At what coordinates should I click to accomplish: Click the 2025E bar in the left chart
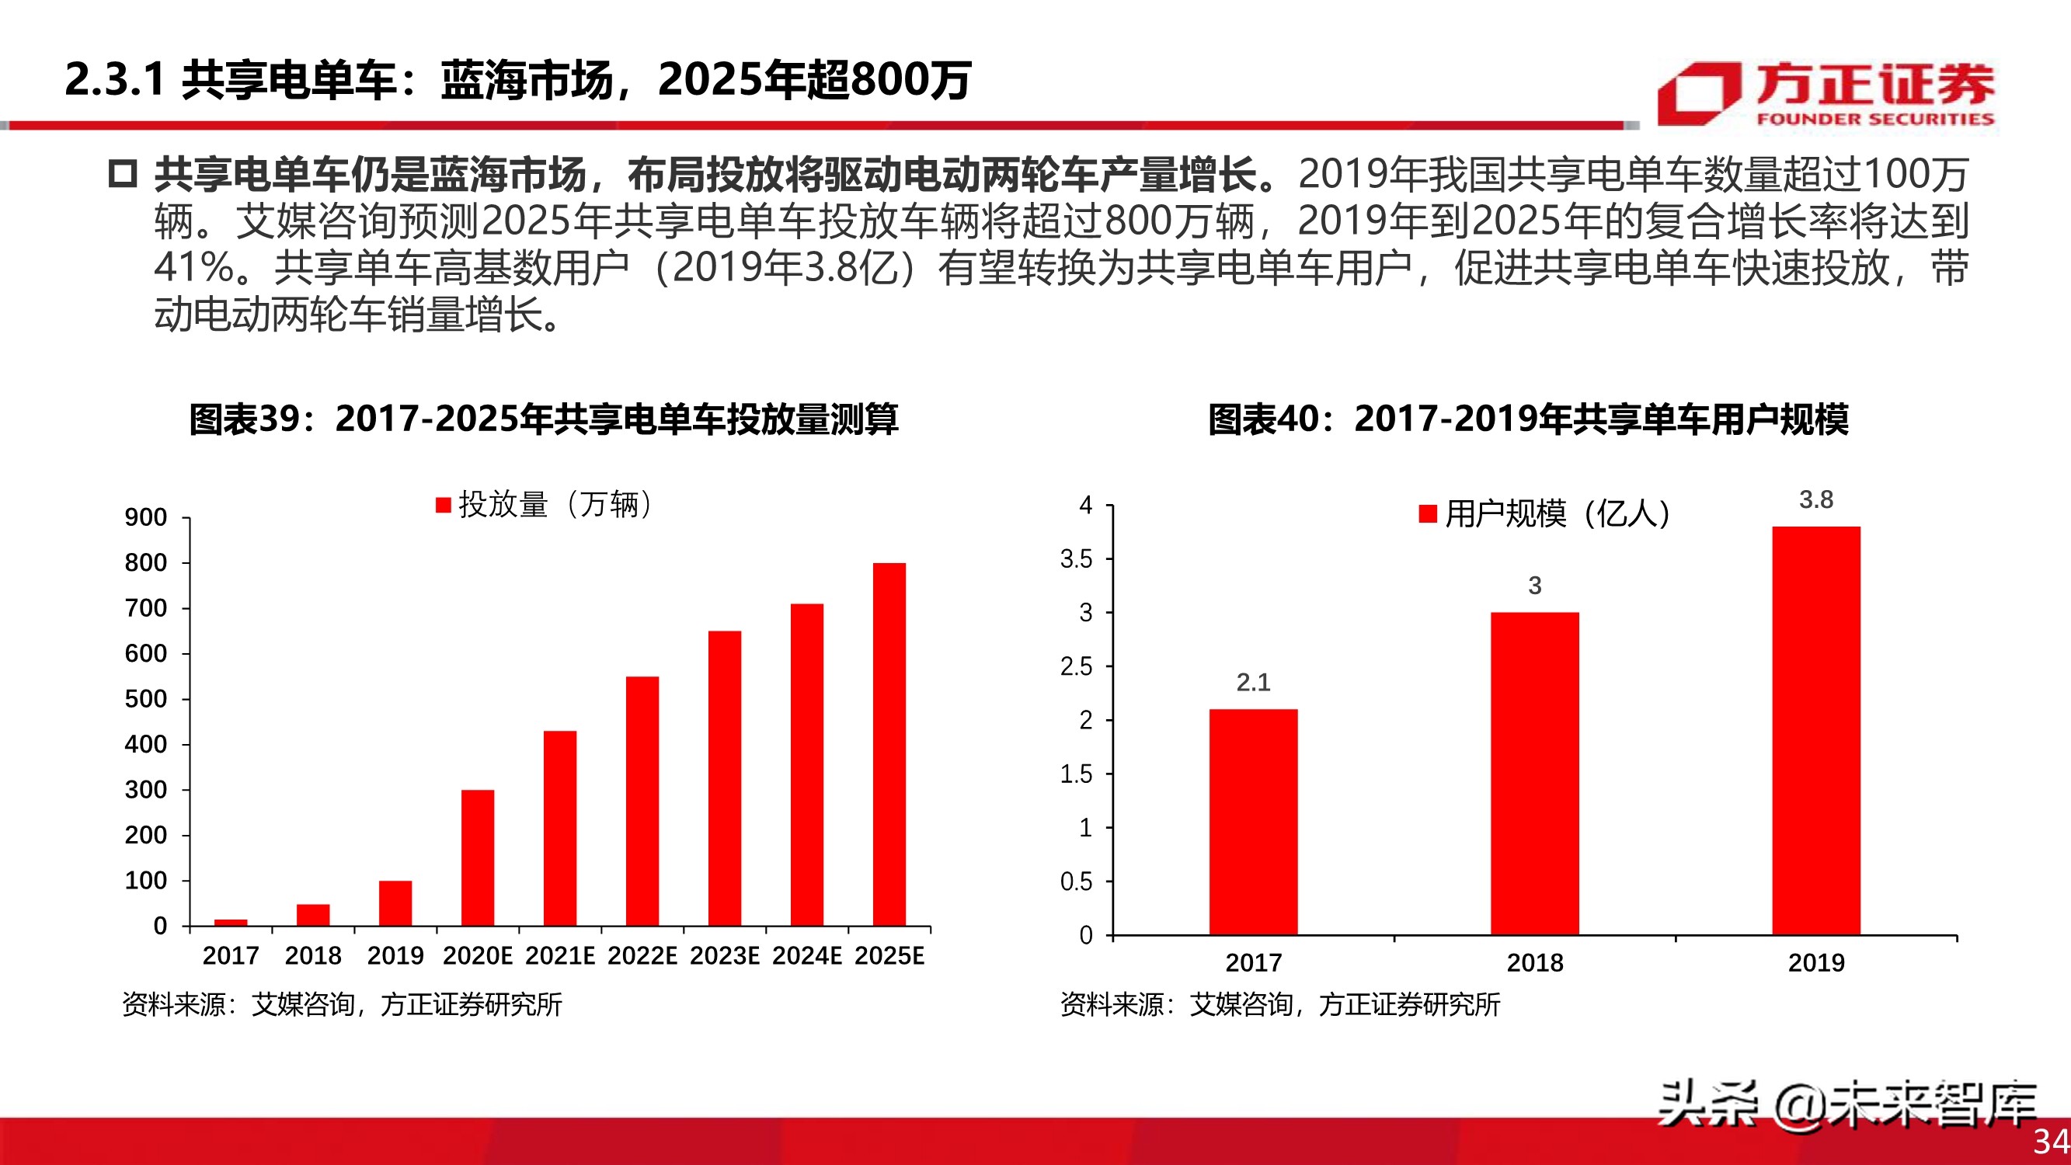tap(889, 744)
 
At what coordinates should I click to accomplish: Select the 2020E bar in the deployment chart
tap(478, 857)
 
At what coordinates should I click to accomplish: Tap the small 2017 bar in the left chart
tap(231, 922)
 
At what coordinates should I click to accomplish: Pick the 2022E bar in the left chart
tap(642, 801)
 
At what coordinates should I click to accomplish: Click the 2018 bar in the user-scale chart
tap(1535, 773)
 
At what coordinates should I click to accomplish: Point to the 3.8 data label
tap(1816, 500)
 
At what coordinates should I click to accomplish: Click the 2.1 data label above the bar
tap(1253, 683)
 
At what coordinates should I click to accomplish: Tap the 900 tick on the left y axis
tap(145, 517)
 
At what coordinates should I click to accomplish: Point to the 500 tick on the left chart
tap(145, 699)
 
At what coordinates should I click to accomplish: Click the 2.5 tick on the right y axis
tap(1077, 666)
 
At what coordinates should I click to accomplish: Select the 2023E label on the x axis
tap(724, 955)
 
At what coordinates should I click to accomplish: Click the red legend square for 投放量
tap(443, 505)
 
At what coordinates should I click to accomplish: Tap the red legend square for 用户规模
tap(1428, 513)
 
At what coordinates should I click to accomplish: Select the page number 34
tap(2051, 1141)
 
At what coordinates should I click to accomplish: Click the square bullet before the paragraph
tap(123, 174)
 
